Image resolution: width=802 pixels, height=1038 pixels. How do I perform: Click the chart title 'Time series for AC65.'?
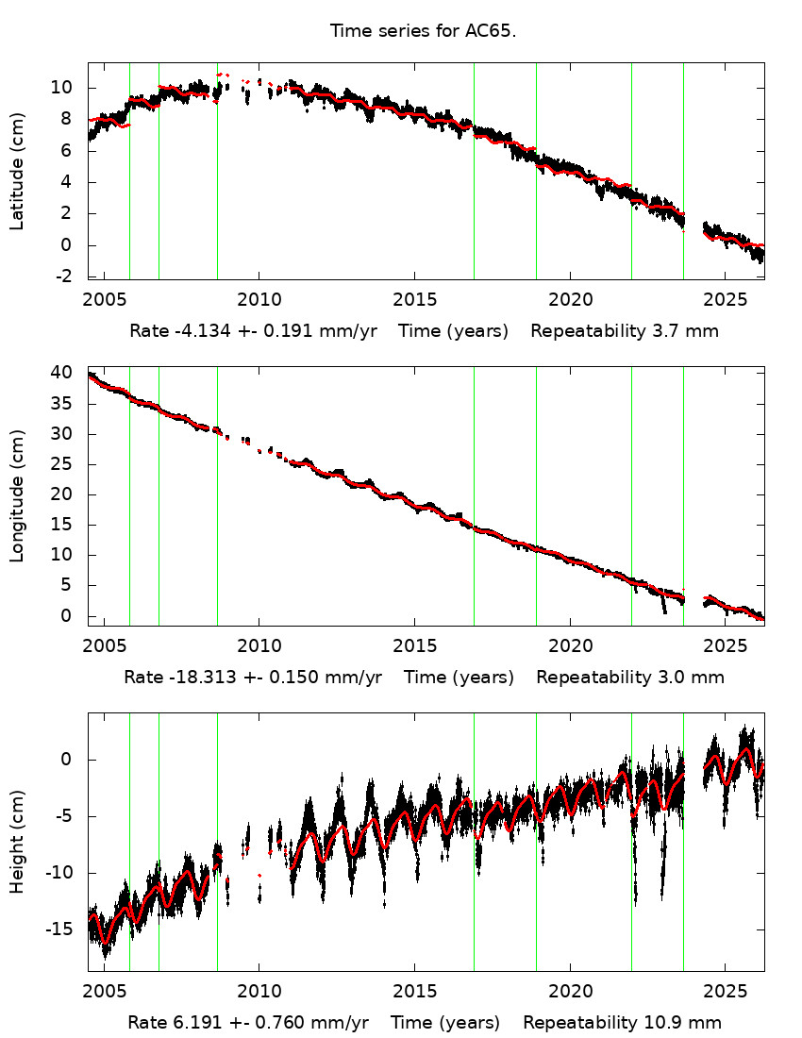[x=423, y=31]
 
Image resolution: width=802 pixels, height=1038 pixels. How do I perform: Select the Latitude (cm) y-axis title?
[x=17, y=170]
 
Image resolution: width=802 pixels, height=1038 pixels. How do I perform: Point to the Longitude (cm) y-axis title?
[x=17, y=496]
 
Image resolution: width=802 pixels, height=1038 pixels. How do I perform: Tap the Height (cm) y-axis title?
[x=17, y=842]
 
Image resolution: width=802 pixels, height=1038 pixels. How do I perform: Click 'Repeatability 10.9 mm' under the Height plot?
[x=622, y=1022]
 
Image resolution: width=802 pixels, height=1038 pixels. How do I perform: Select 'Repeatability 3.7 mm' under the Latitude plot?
[x=625, y=331]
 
